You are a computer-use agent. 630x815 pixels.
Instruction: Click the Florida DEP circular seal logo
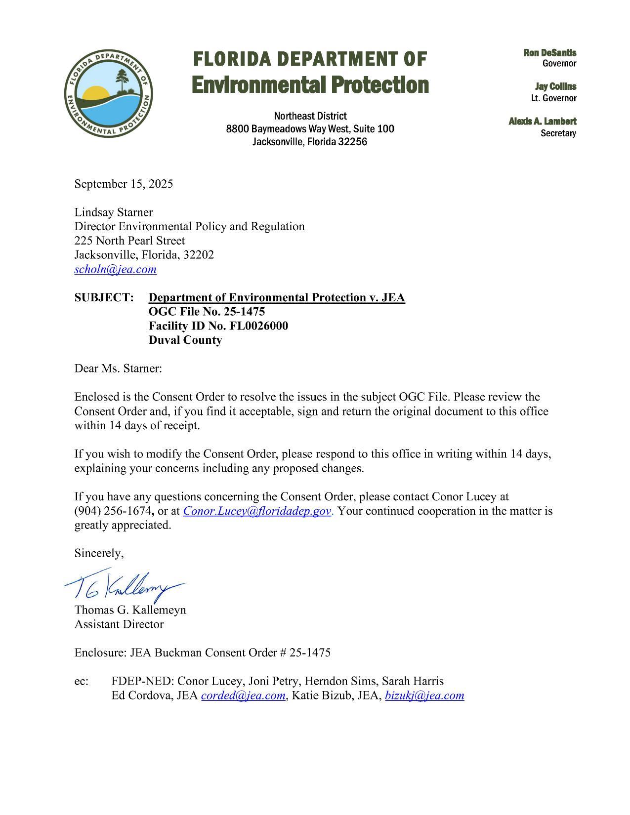tap(108, 94)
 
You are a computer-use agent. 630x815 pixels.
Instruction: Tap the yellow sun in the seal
tap(95, 93)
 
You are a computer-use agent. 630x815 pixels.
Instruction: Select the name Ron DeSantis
tap(550, 53)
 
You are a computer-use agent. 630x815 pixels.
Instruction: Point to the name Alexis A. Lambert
tap(543, 122)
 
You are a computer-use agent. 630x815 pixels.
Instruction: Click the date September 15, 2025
tap(124, 184)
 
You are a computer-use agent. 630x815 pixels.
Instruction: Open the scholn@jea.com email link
tap(115, 269)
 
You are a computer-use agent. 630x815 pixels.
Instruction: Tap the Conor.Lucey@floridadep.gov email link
tap(257, 511)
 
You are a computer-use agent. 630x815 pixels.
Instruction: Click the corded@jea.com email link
tap(243, 695)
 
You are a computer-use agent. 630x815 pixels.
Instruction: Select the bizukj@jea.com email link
tap(424, 695)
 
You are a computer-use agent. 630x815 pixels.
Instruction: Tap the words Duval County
tap(185, 340)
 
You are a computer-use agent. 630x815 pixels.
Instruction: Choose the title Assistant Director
tap(119, 624)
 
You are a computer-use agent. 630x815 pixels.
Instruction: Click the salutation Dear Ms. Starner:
tap(118, 368)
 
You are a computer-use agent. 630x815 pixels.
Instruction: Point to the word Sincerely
tap(98, 553)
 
